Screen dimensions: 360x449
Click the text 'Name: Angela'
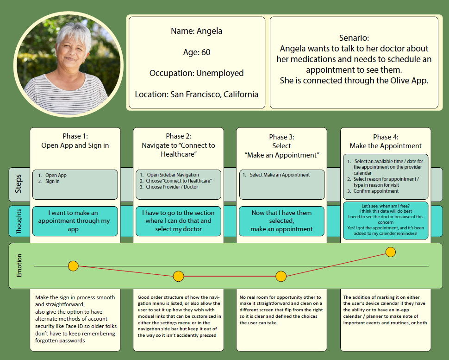point(196,32)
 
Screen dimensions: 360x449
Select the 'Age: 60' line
point(196,52)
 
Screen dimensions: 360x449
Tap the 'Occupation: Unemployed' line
point(196,73)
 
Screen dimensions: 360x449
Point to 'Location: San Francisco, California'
point(196,95)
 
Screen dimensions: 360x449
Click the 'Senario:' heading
point(354,38)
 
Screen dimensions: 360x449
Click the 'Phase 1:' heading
point(75,136)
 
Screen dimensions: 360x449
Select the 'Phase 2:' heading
point(178,136)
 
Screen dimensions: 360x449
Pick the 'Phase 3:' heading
point(281,137)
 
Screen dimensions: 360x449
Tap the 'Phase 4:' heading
point(385,137)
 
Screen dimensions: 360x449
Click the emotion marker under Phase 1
point(73,266)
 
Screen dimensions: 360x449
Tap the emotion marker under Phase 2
point(179,277)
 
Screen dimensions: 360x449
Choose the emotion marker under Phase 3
point(281,277)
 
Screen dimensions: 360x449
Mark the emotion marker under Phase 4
point(391,252)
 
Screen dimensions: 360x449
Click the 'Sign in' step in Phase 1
point(52,182)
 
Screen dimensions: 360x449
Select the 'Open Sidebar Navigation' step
point(173,175)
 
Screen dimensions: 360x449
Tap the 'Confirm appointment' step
point(376,191)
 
